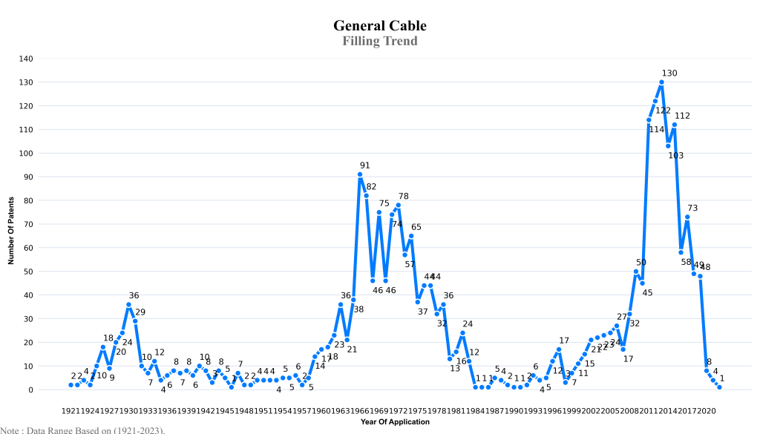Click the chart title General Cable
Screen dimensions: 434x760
pos(380,26)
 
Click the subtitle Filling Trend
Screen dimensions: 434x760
pos(380,41)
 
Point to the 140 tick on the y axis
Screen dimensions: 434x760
pos(26,59)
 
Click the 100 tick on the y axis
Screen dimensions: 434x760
pos(26,154)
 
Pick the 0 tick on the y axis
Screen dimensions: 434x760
pos(31,390)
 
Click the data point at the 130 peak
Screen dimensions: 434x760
pos(661,82)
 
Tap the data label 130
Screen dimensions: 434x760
pos(669,73)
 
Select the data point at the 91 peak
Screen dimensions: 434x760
pos(360,174)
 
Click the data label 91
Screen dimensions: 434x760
pos(365,165)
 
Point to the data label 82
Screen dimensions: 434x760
pos(371,187)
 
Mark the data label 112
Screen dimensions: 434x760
pos(682,116)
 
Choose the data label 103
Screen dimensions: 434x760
pos(675,156)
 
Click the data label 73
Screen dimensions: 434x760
pos(692,208)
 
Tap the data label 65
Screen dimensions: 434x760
pos(416,227)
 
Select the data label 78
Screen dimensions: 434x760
pos(404,197)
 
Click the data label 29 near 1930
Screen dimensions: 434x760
pos(140,312)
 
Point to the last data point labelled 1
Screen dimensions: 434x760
pos(719,387)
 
